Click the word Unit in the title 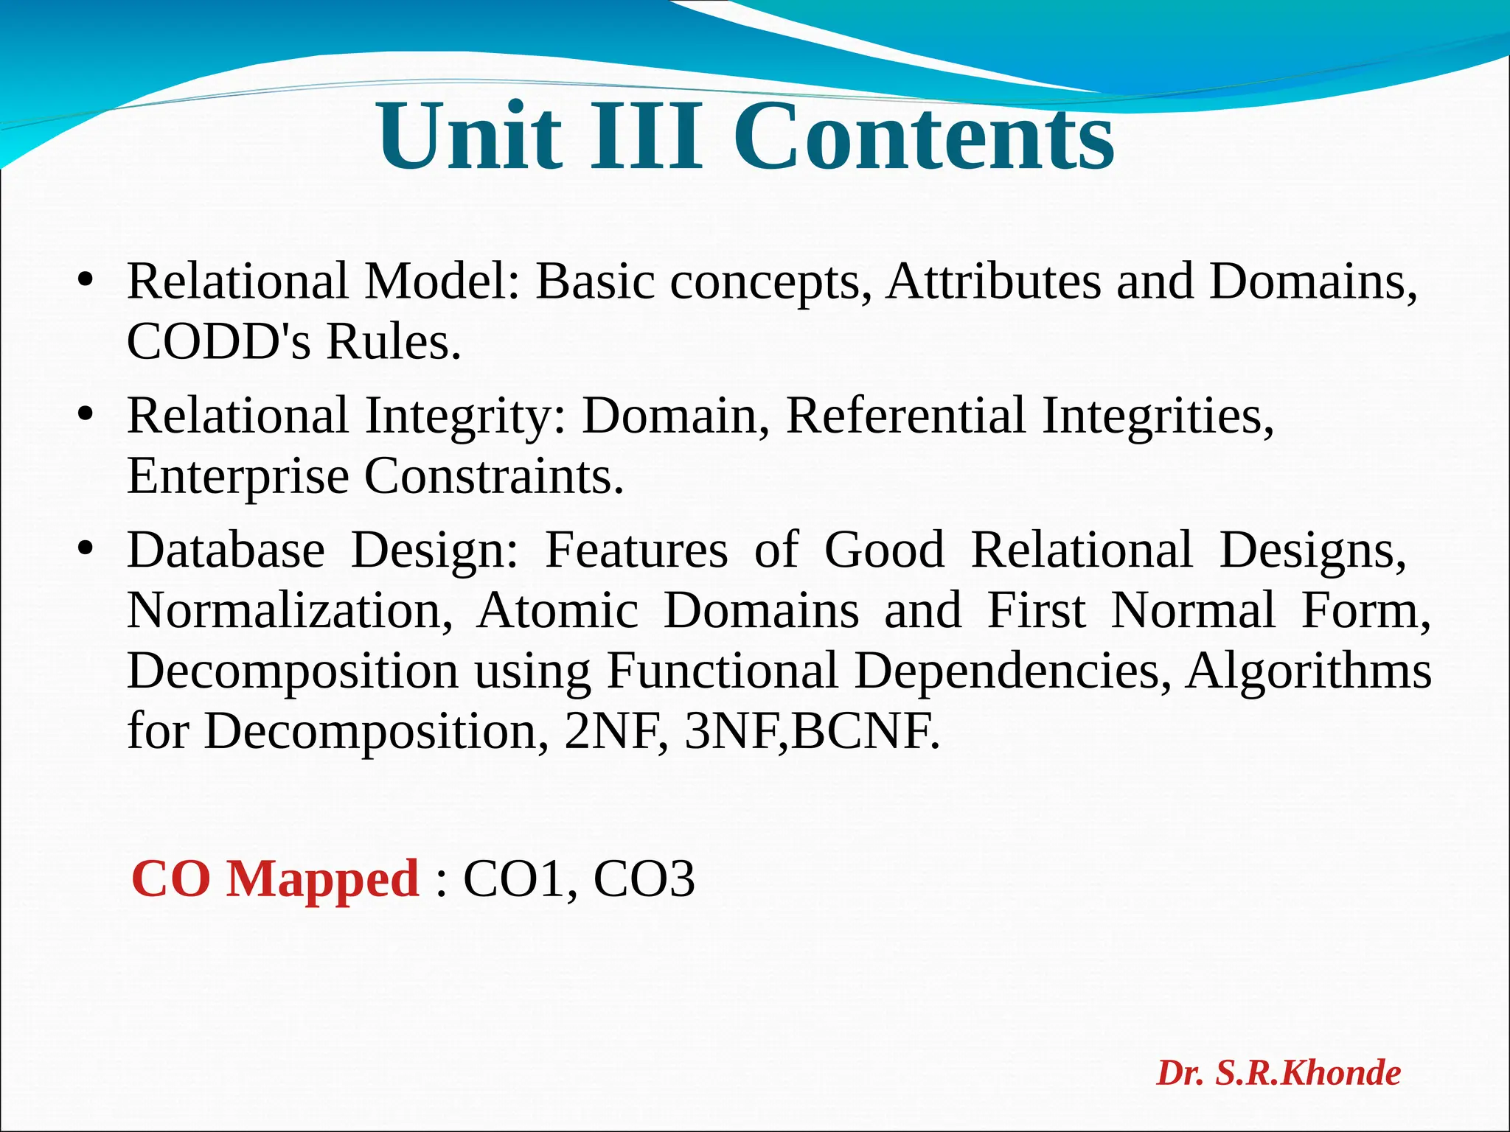click(x=470, y=137)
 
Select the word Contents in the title click(x=923, y=137)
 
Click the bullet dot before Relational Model click(x=86, y=282)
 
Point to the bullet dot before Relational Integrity click(x=86, y=416)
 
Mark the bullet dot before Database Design click(x=86, y=550)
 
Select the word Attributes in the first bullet click(x=992, y=282)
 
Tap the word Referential click(x=905, y=416)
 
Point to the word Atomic click(x=557, y=611)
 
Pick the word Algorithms click(x=1308, y=671)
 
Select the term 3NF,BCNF click(x=812, y=732)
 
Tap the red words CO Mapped click(x=275, y=879)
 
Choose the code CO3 click(x=644, y=879)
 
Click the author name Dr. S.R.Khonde click(x=1278, y=1073)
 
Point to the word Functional click(x=722, y=671)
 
